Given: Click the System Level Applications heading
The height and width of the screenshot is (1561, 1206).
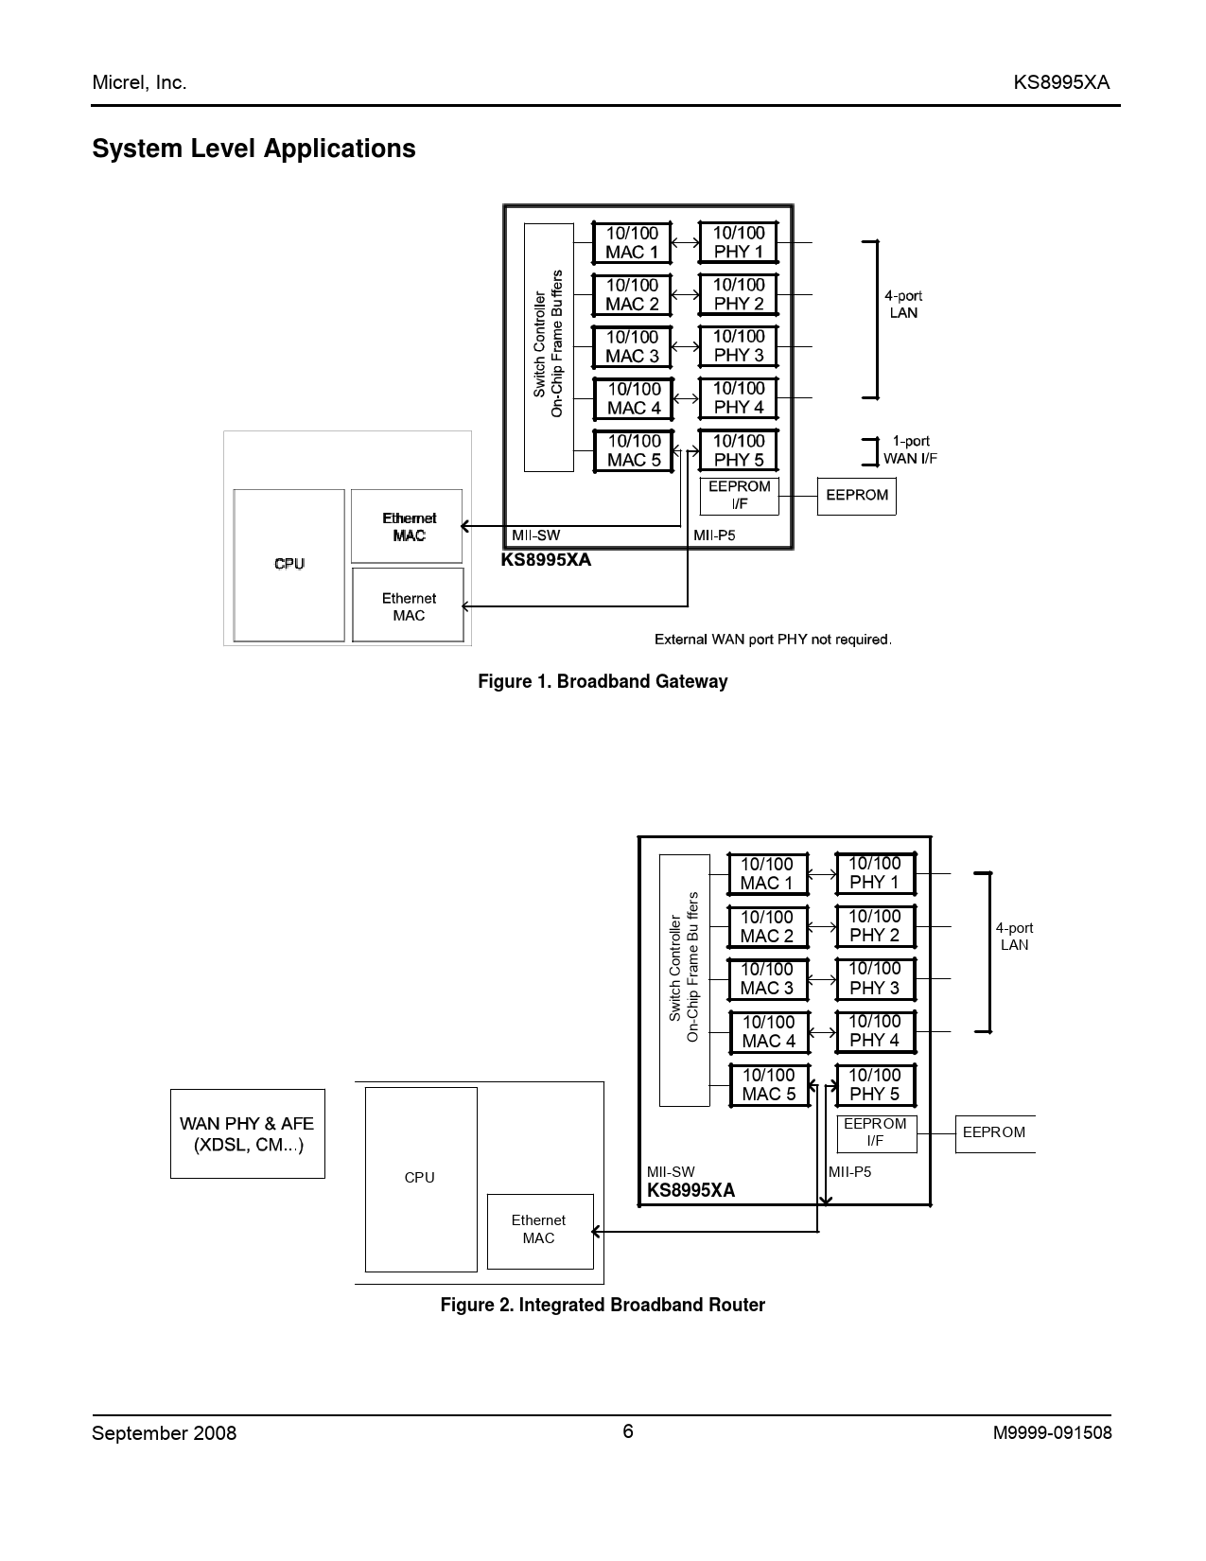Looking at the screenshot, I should [253, 149].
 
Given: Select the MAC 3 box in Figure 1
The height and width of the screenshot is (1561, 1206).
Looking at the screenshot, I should [632, 347].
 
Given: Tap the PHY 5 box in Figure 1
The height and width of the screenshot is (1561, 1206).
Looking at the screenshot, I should [738, 450].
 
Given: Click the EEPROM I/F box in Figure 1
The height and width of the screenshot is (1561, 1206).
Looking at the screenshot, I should [739, 496].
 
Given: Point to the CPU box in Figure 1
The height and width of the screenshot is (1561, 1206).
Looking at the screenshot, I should [288, 565].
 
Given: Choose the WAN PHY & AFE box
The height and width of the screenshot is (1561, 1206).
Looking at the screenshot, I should [247, 1133].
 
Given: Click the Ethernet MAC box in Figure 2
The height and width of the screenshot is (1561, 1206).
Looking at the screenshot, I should [539, 1230].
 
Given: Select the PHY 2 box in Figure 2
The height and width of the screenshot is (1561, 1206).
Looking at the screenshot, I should [874, 926].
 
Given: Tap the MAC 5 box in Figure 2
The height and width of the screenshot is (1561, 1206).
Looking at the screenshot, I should [768, 1085].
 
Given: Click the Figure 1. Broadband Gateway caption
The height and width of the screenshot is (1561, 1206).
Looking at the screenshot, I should [603, 682].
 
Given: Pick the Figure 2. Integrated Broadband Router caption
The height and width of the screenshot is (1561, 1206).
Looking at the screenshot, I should [603, 1306].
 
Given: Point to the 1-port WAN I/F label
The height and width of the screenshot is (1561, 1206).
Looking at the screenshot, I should [910, 450].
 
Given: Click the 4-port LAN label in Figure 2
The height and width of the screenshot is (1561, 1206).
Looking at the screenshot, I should [1014, 937].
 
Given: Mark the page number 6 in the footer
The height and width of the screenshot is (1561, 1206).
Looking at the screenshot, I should [628, 1431].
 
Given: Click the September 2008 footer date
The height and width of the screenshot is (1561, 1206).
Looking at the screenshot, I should [164, 1433].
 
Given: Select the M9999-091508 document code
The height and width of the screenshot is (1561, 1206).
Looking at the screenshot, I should [1052, 1433].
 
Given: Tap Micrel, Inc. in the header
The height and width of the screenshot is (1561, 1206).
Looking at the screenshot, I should [139, 83].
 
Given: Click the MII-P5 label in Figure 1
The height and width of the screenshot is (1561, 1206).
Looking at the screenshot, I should [714, 535].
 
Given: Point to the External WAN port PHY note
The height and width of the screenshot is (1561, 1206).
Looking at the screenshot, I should [773, 640].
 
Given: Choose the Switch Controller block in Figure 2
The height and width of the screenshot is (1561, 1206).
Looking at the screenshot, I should [684, 980].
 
